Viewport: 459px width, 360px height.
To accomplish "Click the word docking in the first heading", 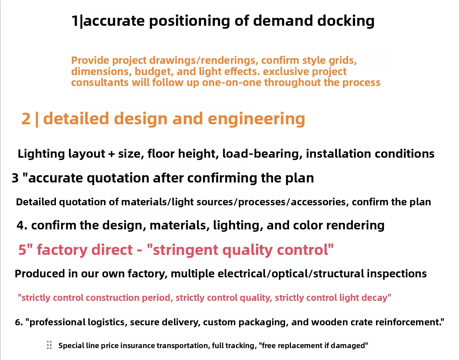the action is coord(346,21).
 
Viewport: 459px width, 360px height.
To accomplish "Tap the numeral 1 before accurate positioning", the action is coord(75,21).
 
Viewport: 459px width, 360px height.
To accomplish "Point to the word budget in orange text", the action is coord(154,72).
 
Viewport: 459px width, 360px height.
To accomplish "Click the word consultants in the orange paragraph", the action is coord(100,82).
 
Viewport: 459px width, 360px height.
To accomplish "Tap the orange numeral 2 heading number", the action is coord(26,119).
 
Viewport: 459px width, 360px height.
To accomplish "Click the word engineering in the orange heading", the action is coord(256,119).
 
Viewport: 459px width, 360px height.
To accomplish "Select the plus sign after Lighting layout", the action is coord(111,154).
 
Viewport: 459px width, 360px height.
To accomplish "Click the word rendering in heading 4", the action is coord(355,225).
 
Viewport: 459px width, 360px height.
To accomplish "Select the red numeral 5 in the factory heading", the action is coord(22,250).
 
